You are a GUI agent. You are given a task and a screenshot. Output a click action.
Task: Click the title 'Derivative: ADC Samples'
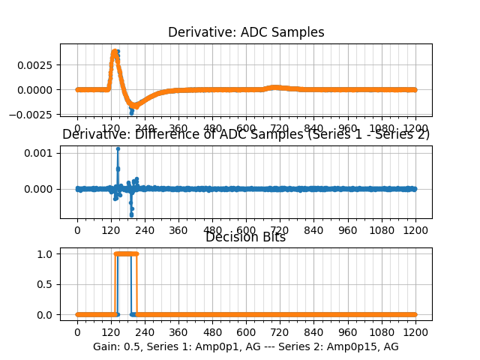[246, 32]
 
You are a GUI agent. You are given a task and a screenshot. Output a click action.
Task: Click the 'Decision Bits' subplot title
[245, 238]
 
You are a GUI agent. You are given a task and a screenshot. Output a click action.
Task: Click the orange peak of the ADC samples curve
[115, 52]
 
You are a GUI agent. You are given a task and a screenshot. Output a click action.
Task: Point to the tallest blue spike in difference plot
[118, 148]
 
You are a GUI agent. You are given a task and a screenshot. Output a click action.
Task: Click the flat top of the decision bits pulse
[126, 253]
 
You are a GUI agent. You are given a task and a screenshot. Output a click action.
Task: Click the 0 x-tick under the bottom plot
[77, 331]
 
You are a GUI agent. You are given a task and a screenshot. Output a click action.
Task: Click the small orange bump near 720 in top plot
[274, 87]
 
